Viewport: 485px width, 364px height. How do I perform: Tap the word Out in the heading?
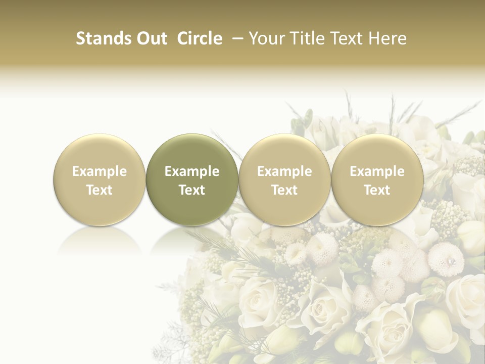point(151,38)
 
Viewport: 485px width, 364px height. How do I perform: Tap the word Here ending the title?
point(389,38)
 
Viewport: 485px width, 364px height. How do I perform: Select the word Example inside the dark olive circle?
point(192,171)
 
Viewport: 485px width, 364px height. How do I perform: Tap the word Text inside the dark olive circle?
point(192,190)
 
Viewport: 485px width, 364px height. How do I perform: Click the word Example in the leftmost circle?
point(100,171)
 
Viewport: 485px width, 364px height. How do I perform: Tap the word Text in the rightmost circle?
point(377,190)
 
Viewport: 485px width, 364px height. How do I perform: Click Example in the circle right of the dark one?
point(284,171)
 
